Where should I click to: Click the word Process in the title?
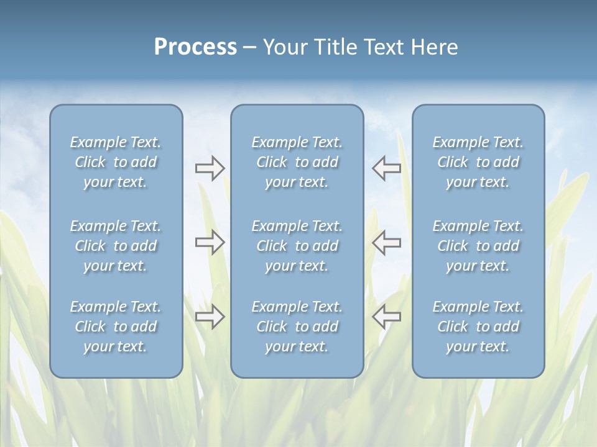pos(195,47)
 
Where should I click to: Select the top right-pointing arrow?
pos(210,168)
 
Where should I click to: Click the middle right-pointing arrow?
pos(210,242)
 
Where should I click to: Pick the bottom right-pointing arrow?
pos(210,317)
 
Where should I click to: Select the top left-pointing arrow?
pos(387,168)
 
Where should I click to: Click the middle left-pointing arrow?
pos(387,242)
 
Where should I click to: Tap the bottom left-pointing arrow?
pos(387,317)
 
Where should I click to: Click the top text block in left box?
pos(116,162)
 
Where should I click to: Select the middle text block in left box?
pos(116,246)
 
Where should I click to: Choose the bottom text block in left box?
pos(116,327)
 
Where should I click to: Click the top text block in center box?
pos(297,162)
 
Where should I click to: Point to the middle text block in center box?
pos(297,246)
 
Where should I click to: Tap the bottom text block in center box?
pos(297,327)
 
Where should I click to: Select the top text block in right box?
pos(478,162)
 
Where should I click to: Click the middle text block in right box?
pos(478,246)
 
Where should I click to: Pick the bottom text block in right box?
pos(478,327)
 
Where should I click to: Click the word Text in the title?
pos(383,47)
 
